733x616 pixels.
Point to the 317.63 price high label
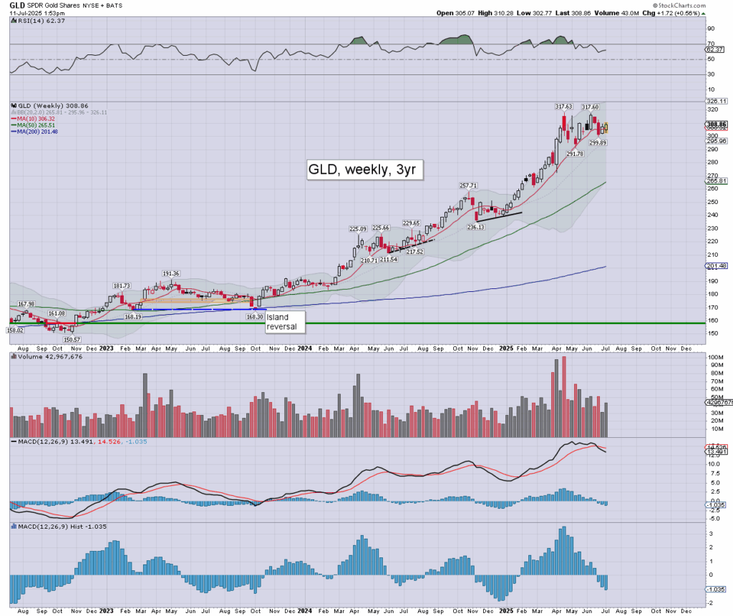tap(564, 107)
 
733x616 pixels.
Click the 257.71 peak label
tap(469, 185)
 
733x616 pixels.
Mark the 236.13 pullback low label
tap(476, 227)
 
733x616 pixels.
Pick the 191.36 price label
tap(171, 273)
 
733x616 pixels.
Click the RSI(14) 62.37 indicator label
tap(35, 21)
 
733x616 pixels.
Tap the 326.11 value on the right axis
tap(717, 102)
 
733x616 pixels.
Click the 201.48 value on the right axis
tap(717, 266)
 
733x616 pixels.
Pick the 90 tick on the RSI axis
tap(711, 29)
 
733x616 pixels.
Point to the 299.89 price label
tap(598, 143)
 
